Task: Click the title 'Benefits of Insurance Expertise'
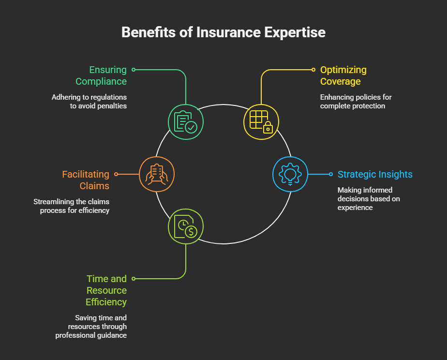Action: pos(223,32)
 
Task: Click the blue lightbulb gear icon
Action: pos(290,174)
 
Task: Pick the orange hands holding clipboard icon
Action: pos(156,174)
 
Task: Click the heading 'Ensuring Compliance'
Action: pos(101,75)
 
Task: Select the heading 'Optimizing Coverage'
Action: pos(343,75)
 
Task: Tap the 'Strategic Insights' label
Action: pos(375,174)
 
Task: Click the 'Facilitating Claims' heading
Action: pos(86,180)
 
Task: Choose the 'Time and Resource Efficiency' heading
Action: pos(106,290)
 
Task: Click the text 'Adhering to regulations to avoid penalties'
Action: pos(89,102)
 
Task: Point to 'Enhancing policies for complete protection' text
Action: pos(356,102)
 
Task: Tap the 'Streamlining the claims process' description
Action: pos(72,206)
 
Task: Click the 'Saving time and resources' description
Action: pos(92,327)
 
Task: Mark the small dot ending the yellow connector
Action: pos(314,70)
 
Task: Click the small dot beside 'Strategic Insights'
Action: pos(331,174)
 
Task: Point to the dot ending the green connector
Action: pos(134,70)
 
